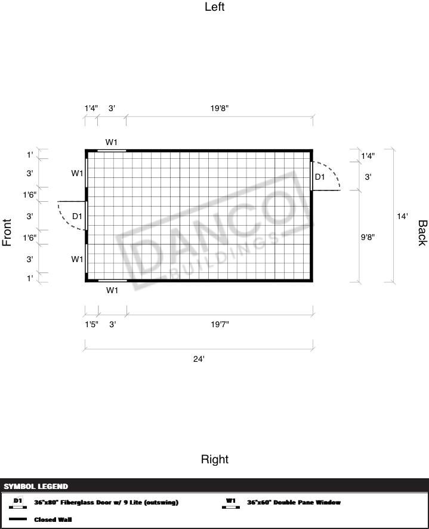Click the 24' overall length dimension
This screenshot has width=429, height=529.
pyautogui.click(x=199, y=359)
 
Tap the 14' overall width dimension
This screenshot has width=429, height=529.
pyautogui.click(x=402, y=216)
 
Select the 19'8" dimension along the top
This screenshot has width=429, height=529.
pyautogui.click(x=220, y=108)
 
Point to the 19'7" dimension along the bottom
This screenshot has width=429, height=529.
pyautogui.click(x=220, y=324)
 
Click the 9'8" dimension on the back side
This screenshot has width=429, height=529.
pyautogui.click(x=368, y=237)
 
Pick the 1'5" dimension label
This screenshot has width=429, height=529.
pyautogui.click(x=91, y=324)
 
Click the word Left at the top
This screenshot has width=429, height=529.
pyautogui.click(x=215, y=7)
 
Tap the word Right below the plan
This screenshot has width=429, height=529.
pyautogui.click(x=215, y=459)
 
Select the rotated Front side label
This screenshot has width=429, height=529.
pyautogui.click(x=7, y=232)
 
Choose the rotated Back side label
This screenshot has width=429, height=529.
pyautogui.click(x=422, y=233)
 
